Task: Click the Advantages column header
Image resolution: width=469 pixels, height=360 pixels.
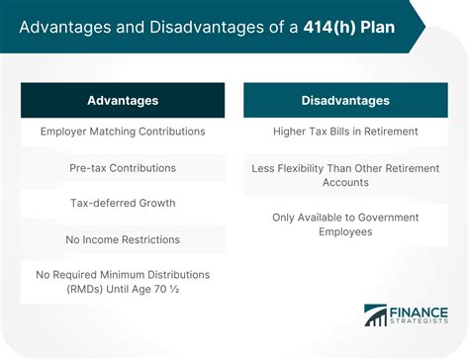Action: point(123,101)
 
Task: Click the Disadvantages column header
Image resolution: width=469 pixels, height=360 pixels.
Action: point(345,101)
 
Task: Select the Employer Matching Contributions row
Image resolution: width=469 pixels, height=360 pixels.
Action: point(123,132)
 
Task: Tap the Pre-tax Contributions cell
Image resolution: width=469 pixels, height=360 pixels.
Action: point(123,167)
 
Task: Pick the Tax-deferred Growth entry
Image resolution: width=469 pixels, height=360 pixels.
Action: point(123,203)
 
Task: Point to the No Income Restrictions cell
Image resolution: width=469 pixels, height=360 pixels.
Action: point(123,238)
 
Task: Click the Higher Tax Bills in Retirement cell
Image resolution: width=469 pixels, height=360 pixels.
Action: point(345,132)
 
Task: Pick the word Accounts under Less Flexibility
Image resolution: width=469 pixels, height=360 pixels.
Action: point(345,181)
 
